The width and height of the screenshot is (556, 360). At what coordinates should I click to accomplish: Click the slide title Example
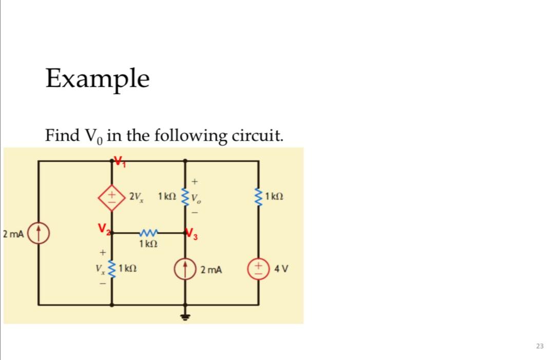click(98, 79)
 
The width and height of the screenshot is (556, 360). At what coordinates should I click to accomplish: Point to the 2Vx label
click(137, 197)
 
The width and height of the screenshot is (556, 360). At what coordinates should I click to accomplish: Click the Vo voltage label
click(196, 198)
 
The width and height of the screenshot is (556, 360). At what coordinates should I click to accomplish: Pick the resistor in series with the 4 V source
click(258, 197)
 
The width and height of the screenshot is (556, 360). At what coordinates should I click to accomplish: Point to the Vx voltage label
click(100, 269)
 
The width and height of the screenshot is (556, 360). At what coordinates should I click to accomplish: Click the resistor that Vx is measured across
click(113, 269)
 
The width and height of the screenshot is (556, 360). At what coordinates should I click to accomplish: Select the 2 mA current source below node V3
click(185, 269)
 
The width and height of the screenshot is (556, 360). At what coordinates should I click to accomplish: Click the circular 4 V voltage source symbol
click(258, 269)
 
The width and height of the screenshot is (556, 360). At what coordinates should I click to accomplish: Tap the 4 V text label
click(281, 269)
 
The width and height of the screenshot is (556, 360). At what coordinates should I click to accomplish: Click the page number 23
click(539, 346)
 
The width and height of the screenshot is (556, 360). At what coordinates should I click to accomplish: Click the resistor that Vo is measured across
click(185, 197)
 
